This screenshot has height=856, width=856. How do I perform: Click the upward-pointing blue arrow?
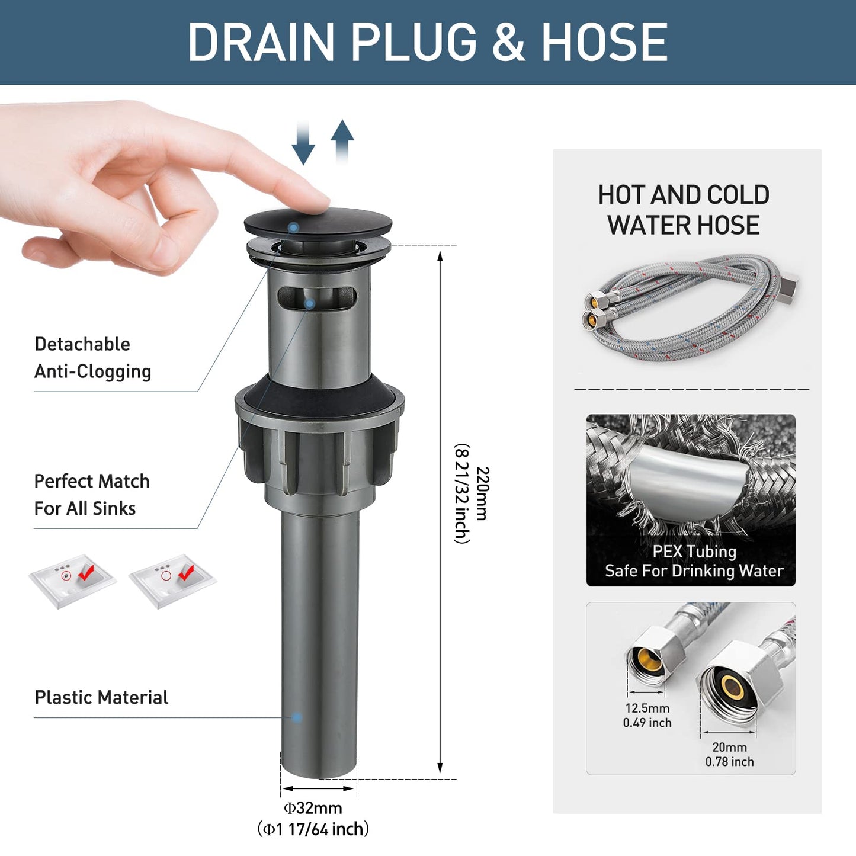tap(342, 142)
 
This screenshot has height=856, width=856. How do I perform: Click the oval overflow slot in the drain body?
tap(318, 297)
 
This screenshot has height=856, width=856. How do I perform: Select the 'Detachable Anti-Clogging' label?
tap(93, 358)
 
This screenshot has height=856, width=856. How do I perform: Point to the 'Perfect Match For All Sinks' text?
tap(92, 495)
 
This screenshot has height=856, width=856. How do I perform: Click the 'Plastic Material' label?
tap(101, 697)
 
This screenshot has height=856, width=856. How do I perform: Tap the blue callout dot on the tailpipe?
tap(296, 717)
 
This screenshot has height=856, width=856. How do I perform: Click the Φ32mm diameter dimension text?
tap(313, 807)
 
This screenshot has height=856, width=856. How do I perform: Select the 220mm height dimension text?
tap(482, 493)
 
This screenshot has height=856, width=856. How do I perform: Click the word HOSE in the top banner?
tap(605, 42)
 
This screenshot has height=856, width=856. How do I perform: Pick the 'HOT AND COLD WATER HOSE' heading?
tap(684, 210)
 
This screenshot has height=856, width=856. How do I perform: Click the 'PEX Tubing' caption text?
tap(694, 552)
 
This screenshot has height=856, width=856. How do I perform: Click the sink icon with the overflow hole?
tap(72, 581)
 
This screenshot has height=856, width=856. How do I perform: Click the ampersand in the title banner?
tap(509, 42)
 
